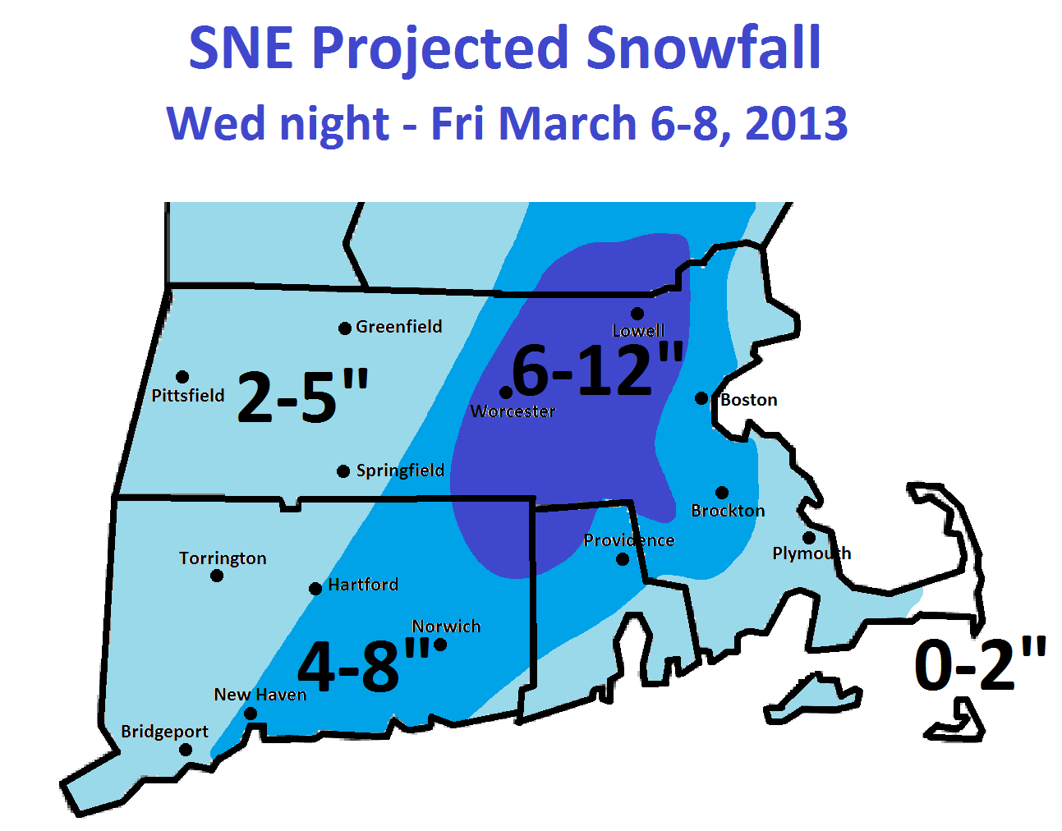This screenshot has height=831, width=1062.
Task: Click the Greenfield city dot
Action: [345, 328]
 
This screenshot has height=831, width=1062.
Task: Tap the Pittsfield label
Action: [188, 396]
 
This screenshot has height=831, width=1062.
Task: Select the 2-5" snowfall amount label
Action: [302, 397]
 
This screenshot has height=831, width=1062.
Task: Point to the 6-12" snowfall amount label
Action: [597, 370]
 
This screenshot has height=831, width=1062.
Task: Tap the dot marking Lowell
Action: [637, 314]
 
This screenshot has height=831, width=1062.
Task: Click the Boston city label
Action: [748, 400]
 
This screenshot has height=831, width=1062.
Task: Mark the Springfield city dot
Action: [343, 471]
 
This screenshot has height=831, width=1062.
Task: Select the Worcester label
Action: [513, 411]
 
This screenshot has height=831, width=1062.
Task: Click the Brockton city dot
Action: [722, 493]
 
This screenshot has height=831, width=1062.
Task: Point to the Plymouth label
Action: [811, 553]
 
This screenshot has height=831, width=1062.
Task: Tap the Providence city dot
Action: [623, 559]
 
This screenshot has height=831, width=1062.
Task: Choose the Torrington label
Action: [223, 558]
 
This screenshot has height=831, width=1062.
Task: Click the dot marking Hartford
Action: [315, 589]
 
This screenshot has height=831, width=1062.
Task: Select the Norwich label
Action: [446, 627]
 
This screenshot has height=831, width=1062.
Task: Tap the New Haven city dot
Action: [251, 714]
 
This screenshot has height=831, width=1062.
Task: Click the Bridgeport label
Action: [164, 732]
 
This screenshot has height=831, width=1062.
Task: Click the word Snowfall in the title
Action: [703, 48]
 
